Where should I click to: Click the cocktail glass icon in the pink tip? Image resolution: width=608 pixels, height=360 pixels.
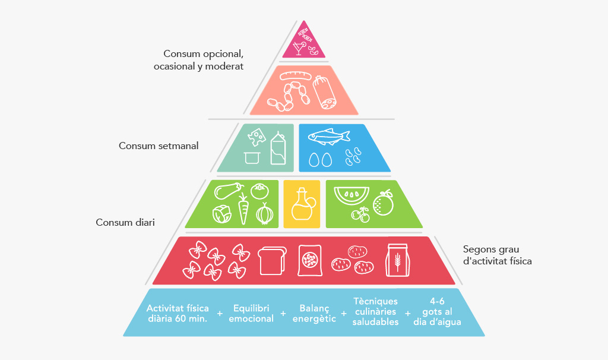[299, 48]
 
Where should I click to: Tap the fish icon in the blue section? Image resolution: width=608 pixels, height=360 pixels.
[329, 136]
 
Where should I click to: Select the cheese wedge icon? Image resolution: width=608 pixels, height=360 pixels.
[256, 137]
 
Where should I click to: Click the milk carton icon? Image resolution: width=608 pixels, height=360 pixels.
[278, 149]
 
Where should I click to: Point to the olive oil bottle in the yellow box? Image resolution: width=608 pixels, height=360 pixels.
[303, 204]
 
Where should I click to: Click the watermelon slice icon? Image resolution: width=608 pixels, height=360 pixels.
[351, 195]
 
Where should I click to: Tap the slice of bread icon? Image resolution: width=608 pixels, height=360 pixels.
[272, 261]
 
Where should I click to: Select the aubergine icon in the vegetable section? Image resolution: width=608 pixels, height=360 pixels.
[229, 191]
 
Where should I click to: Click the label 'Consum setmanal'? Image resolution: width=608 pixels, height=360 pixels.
[159, 146]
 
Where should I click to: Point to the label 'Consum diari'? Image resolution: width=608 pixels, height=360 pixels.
[125, 222]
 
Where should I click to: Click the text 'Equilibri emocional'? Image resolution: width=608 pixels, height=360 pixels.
[251, 314]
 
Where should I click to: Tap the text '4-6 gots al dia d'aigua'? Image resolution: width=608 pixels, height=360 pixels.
[437, 311]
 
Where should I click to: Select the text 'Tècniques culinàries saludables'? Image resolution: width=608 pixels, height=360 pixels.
[375, 311]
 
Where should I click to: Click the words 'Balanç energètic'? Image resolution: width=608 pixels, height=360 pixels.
[314, 314]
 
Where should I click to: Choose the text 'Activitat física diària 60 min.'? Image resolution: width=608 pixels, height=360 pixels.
[178, 314]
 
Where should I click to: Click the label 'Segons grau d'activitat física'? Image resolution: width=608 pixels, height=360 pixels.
[497, 255]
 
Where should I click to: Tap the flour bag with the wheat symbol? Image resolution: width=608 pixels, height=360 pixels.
[397, 260]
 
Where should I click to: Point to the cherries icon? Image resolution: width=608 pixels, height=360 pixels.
[360, 214]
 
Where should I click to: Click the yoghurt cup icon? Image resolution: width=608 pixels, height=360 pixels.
[252, 158]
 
